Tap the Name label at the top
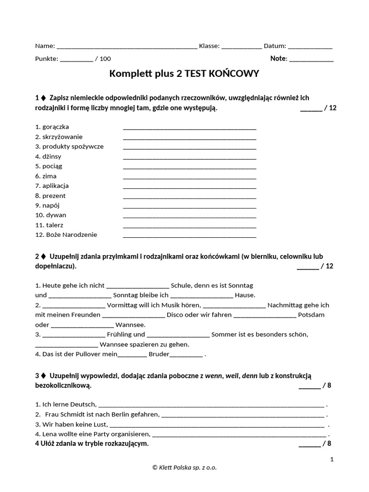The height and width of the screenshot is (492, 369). [x=44, y=46]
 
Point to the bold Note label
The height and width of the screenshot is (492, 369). [x=279, y=59]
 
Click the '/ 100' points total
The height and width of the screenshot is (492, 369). [x=103, y=59]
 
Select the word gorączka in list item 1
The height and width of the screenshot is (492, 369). [x=55, y=127]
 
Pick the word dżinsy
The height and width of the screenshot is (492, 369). [x=52, y=156]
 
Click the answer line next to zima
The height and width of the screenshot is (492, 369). [x=189, y=177]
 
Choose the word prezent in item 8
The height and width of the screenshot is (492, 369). [x=54, y=196]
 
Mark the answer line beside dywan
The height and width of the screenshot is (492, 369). [x=189, y=216]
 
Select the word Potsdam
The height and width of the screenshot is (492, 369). [x=311, y=315]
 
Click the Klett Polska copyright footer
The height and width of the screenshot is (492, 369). [x=184, y=467]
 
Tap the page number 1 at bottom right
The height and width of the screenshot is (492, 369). [x=332, y=459]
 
